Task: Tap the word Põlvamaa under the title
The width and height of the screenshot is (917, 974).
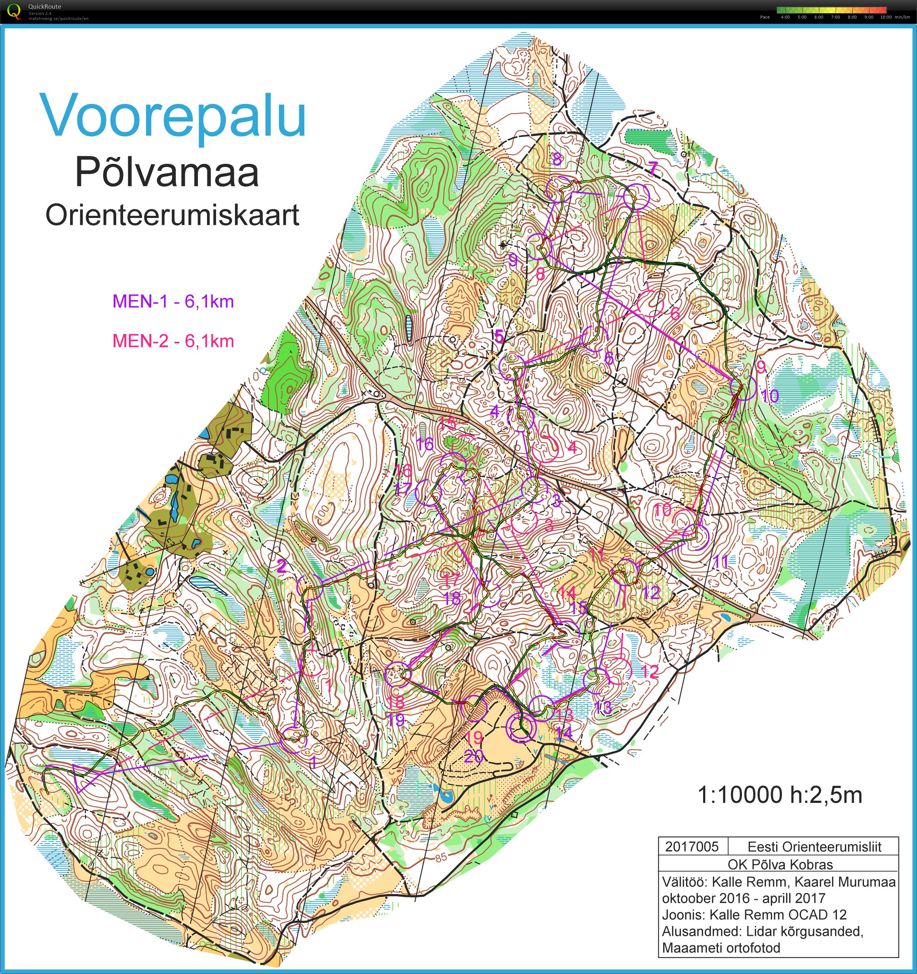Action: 167,173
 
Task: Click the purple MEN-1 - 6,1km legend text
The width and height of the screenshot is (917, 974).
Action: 173,301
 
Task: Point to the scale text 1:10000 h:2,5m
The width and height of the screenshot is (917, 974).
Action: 779,795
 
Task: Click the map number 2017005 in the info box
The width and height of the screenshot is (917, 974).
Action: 692,846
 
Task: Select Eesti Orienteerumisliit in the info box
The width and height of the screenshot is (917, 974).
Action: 814,846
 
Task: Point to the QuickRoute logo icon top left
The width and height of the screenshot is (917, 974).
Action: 14,11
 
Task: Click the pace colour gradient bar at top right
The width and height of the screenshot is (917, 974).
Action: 831,10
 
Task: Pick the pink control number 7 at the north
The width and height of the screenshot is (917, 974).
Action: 653,168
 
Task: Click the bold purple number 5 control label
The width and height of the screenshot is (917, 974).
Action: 499,336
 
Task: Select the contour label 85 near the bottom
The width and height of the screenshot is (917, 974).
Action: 441,857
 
